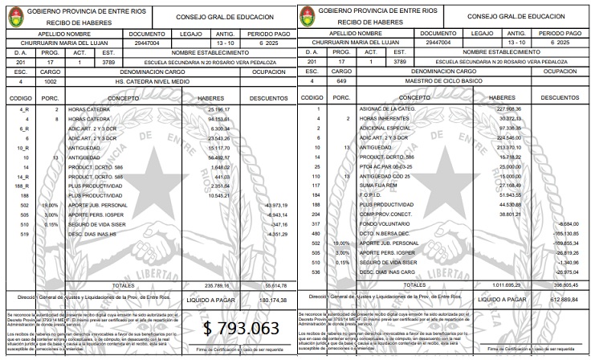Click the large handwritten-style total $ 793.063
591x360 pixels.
point(240,329)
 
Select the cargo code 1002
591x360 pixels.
point(51,81)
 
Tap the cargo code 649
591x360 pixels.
point(342,81)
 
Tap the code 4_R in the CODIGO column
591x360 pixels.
point(24,108)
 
